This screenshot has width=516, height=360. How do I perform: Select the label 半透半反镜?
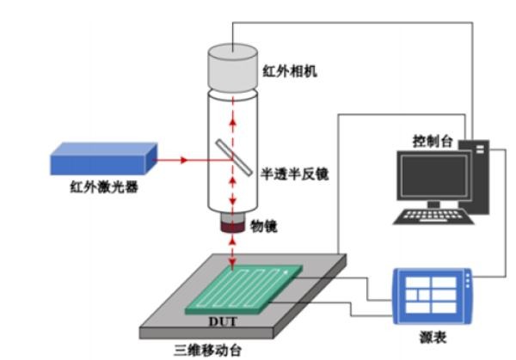point(295,173)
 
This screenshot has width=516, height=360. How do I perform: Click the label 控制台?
point(431,140)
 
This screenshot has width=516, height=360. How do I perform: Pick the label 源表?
point(429,338)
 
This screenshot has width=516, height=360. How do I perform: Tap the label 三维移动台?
point(208,349)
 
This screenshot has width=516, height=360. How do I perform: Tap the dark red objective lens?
point(233,226)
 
